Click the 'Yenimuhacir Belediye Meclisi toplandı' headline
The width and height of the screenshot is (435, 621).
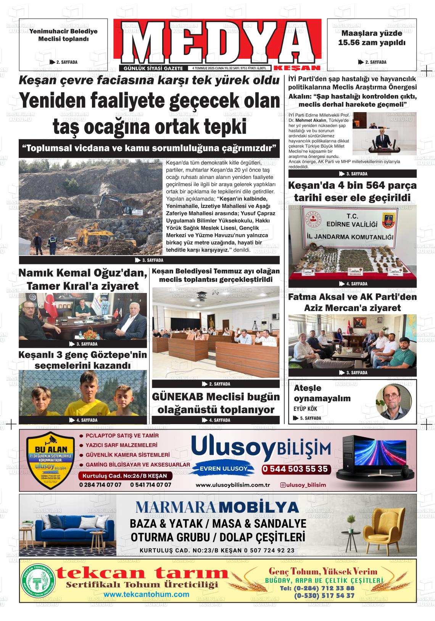pos(63,35)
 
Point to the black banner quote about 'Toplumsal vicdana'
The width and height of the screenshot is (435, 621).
pos(149,148)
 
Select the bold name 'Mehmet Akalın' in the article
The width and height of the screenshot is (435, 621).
pos(309,119)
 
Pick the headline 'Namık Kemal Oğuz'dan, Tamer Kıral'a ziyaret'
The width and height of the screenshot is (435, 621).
pos(82,279)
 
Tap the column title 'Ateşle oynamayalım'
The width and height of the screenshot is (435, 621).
pos(322,393)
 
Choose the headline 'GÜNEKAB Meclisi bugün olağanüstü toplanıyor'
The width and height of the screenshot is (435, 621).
pos(216,403)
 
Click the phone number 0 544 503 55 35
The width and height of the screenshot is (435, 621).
pos(295,469)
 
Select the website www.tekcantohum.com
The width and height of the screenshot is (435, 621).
pos(146,594)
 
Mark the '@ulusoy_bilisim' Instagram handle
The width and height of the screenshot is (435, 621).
pos(303,485)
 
